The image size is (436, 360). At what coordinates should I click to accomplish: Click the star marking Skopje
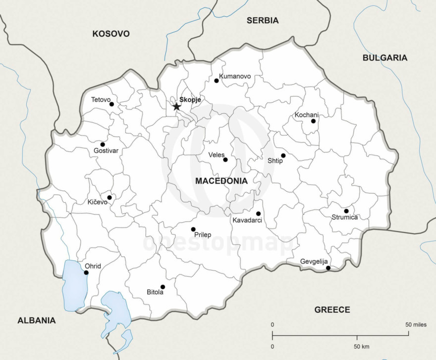(176, 106)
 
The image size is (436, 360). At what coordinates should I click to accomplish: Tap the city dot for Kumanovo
(217, 80)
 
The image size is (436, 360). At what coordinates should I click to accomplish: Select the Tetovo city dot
(111, 104)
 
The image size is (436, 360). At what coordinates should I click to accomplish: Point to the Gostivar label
(106, 151)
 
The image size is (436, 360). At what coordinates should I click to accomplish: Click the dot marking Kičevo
(109, 197)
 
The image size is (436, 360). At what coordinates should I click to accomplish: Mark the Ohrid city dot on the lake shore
(86, 272)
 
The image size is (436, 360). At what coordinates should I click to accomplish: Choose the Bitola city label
(155, 292)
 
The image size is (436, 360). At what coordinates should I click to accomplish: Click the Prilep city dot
(193, 229)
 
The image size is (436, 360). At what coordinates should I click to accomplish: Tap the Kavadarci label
(247, 220)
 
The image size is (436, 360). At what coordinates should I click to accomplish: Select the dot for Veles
(225, 160)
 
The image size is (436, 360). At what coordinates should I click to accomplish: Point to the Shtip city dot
(283, 155)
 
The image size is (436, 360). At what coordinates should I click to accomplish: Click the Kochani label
(307, 115)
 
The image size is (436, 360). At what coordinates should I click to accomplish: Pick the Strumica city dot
(346, 211)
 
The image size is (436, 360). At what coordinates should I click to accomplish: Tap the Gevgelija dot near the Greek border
(328, 268)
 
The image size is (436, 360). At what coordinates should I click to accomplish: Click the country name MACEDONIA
(221, 181)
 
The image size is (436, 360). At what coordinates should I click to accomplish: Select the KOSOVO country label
(111, 34)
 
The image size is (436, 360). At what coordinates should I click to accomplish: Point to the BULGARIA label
(385, 58)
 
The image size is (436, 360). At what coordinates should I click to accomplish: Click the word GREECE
(332, 310)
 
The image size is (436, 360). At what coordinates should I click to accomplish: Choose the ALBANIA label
(37, 320)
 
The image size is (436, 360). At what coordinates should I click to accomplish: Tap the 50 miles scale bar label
(416, 324)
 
